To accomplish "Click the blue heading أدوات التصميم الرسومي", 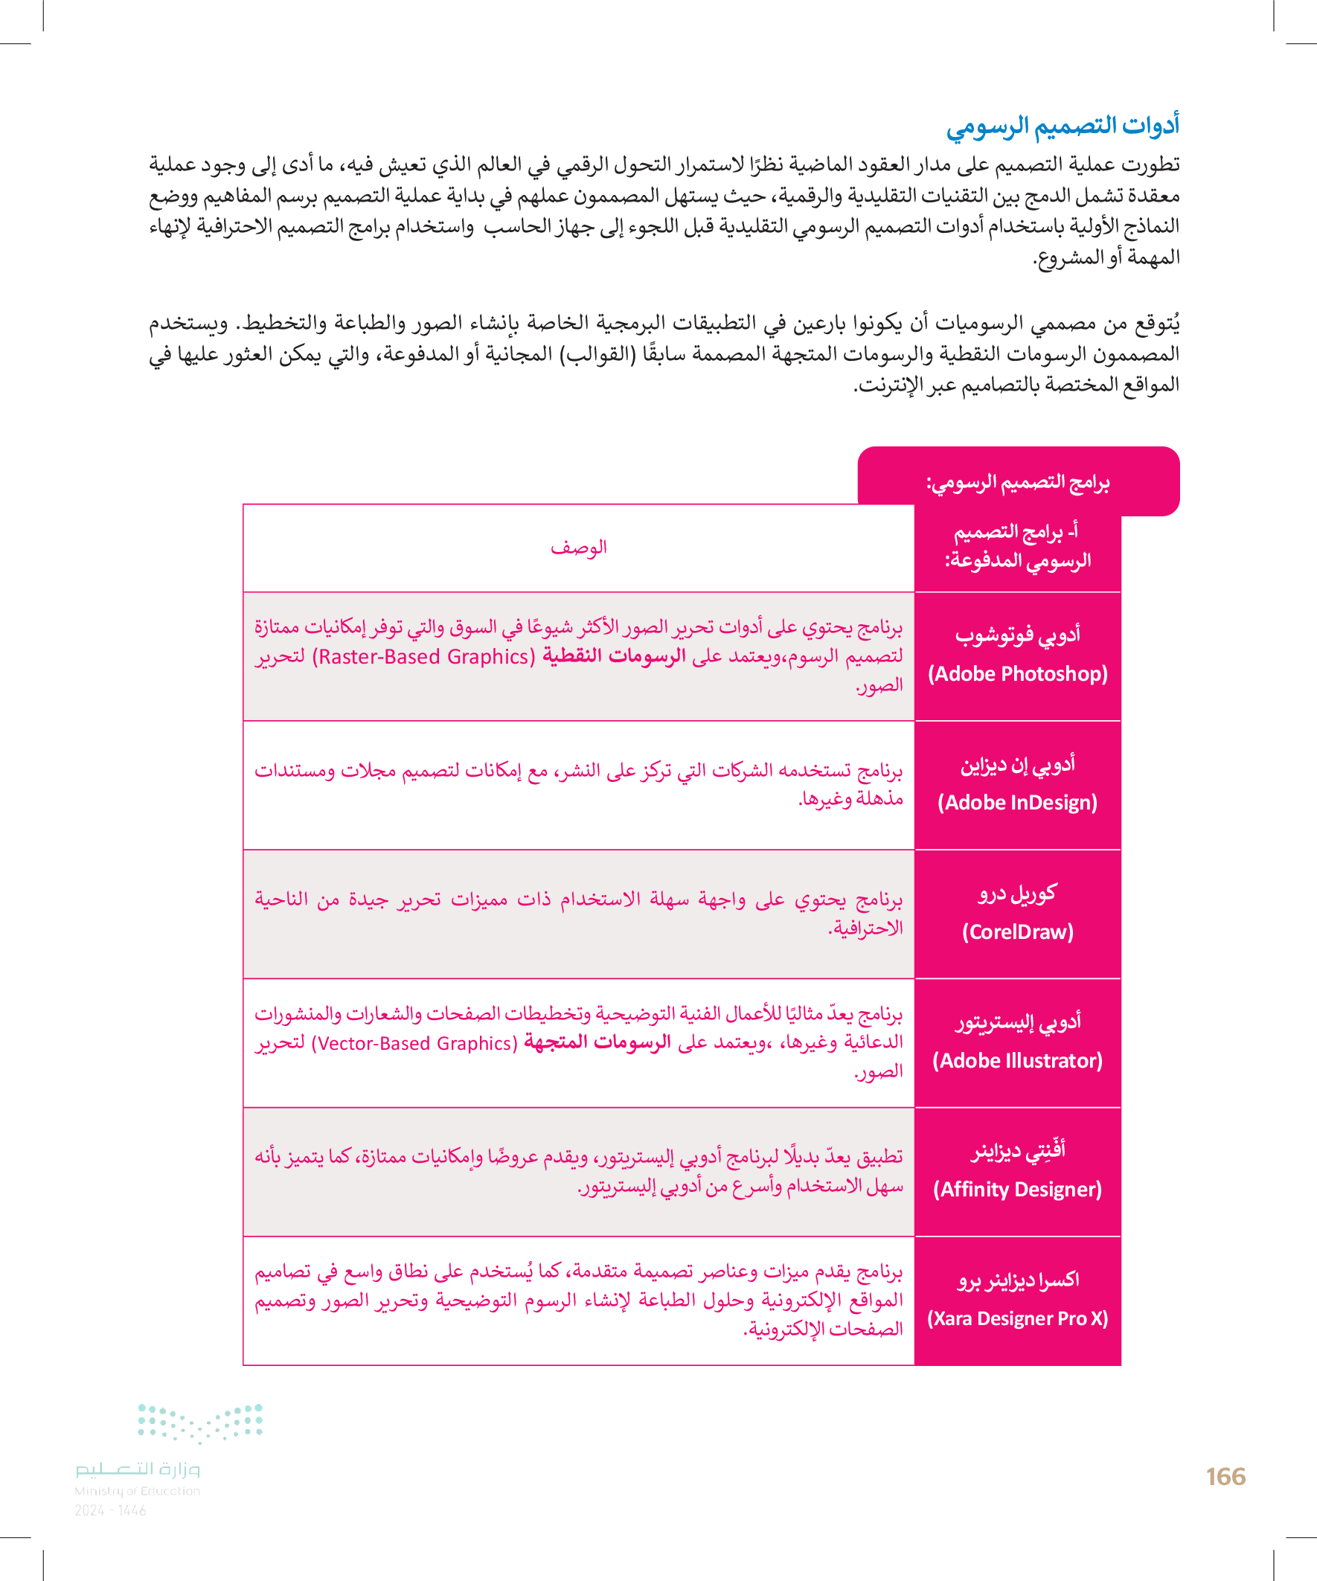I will (1062, 126).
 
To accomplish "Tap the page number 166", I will (1225, 1476).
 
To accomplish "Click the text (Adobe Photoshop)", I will (1017, 674).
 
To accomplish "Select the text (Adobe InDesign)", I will (1017, 803).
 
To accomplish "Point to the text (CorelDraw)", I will (1017, 932).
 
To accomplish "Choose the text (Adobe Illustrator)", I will (1017, 1061).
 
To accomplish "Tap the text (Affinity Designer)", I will (1017, 1190).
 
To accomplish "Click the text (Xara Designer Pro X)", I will (1017, 1318).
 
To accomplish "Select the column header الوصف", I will (578, 548).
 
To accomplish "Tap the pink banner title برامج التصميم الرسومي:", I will (1017, 482).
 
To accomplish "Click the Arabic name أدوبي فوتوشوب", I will (1017, 635).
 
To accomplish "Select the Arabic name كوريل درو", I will (1017, 894).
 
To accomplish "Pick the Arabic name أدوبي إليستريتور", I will (1017, 1022).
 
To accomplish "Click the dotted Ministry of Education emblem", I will (200, 1423).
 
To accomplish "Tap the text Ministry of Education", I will (137, 1491).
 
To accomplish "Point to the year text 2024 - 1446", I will (111, 1510).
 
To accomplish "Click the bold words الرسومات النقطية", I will (614, 656).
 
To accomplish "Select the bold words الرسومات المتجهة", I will (597, 1043).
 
